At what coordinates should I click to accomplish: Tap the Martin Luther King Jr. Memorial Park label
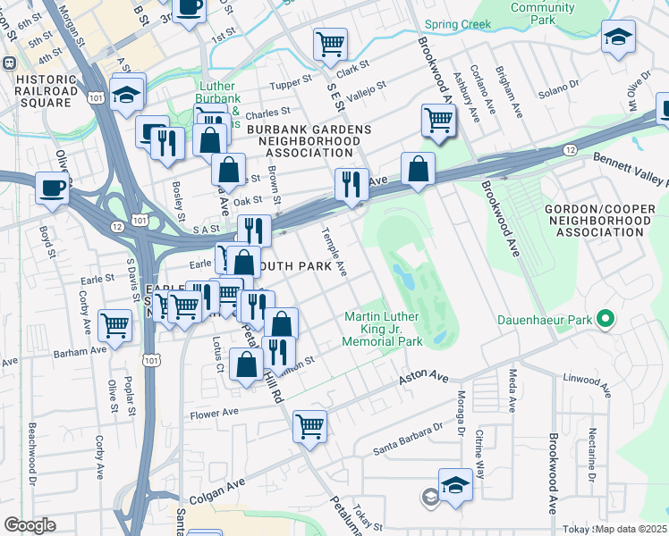tap(384, 330)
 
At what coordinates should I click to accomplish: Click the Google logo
tap(30, 525)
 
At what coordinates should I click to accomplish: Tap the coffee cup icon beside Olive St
tap(51, 188)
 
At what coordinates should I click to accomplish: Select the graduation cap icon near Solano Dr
tap(618, 38)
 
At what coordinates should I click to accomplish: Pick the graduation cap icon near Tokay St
tap(455, 485)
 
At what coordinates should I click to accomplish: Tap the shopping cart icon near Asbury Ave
tap(437, 119)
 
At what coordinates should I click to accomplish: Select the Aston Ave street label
tap(422, 379)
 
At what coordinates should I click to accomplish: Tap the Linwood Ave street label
tap(587, 383)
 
